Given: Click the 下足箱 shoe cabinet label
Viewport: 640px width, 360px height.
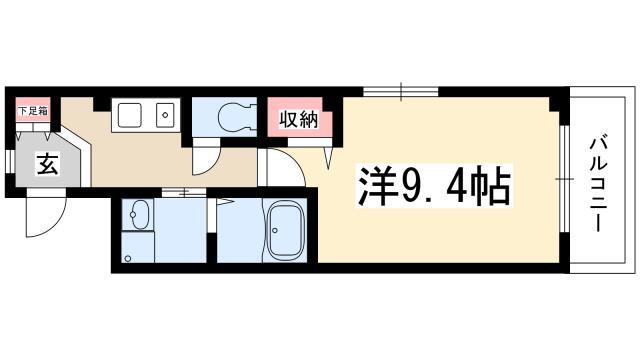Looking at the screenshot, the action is (33, 111).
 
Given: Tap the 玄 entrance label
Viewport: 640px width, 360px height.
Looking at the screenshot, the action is (48, 164).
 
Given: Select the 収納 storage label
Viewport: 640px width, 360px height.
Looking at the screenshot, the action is (298, 120).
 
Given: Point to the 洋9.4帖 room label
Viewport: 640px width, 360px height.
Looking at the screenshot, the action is (434, 186).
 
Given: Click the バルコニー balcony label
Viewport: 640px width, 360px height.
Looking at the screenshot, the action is (598, 184).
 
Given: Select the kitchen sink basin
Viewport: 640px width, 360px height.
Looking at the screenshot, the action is (130, 115).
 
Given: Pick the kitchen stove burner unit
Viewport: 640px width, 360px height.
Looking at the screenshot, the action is (165, 115).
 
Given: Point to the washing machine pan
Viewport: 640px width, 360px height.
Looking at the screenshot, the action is (138, 247).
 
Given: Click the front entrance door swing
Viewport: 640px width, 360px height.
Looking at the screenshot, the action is (45, 213).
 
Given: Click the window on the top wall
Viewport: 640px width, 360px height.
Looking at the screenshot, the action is (401, 91).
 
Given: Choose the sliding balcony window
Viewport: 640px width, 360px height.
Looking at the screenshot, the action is (564, 179).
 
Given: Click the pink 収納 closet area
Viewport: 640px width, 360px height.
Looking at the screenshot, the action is (298, 118).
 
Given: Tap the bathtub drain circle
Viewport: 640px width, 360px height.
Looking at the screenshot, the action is (275, 231).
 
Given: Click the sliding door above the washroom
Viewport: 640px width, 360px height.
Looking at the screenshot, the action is (184, 192).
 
